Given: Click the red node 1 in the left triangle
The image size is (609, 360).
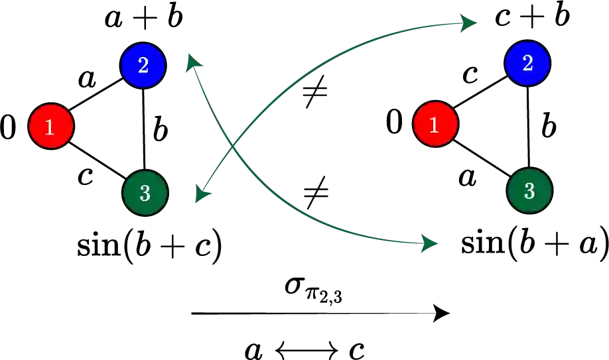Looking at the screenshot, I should [50, 126].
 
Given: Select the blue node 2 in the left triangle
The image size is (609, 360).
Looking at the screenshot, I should [143, 64].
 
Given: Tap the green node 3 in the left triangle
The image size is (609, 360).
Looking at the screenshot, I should [145, 193].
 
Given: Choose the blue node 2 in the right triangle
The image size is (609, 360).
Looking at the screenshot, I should [528, 63].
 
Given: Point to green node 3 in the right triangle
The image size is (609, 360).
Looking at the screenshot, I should [529, 191].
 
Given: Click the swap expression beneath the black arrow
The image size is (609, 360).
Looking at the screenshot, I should [306, 347].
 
